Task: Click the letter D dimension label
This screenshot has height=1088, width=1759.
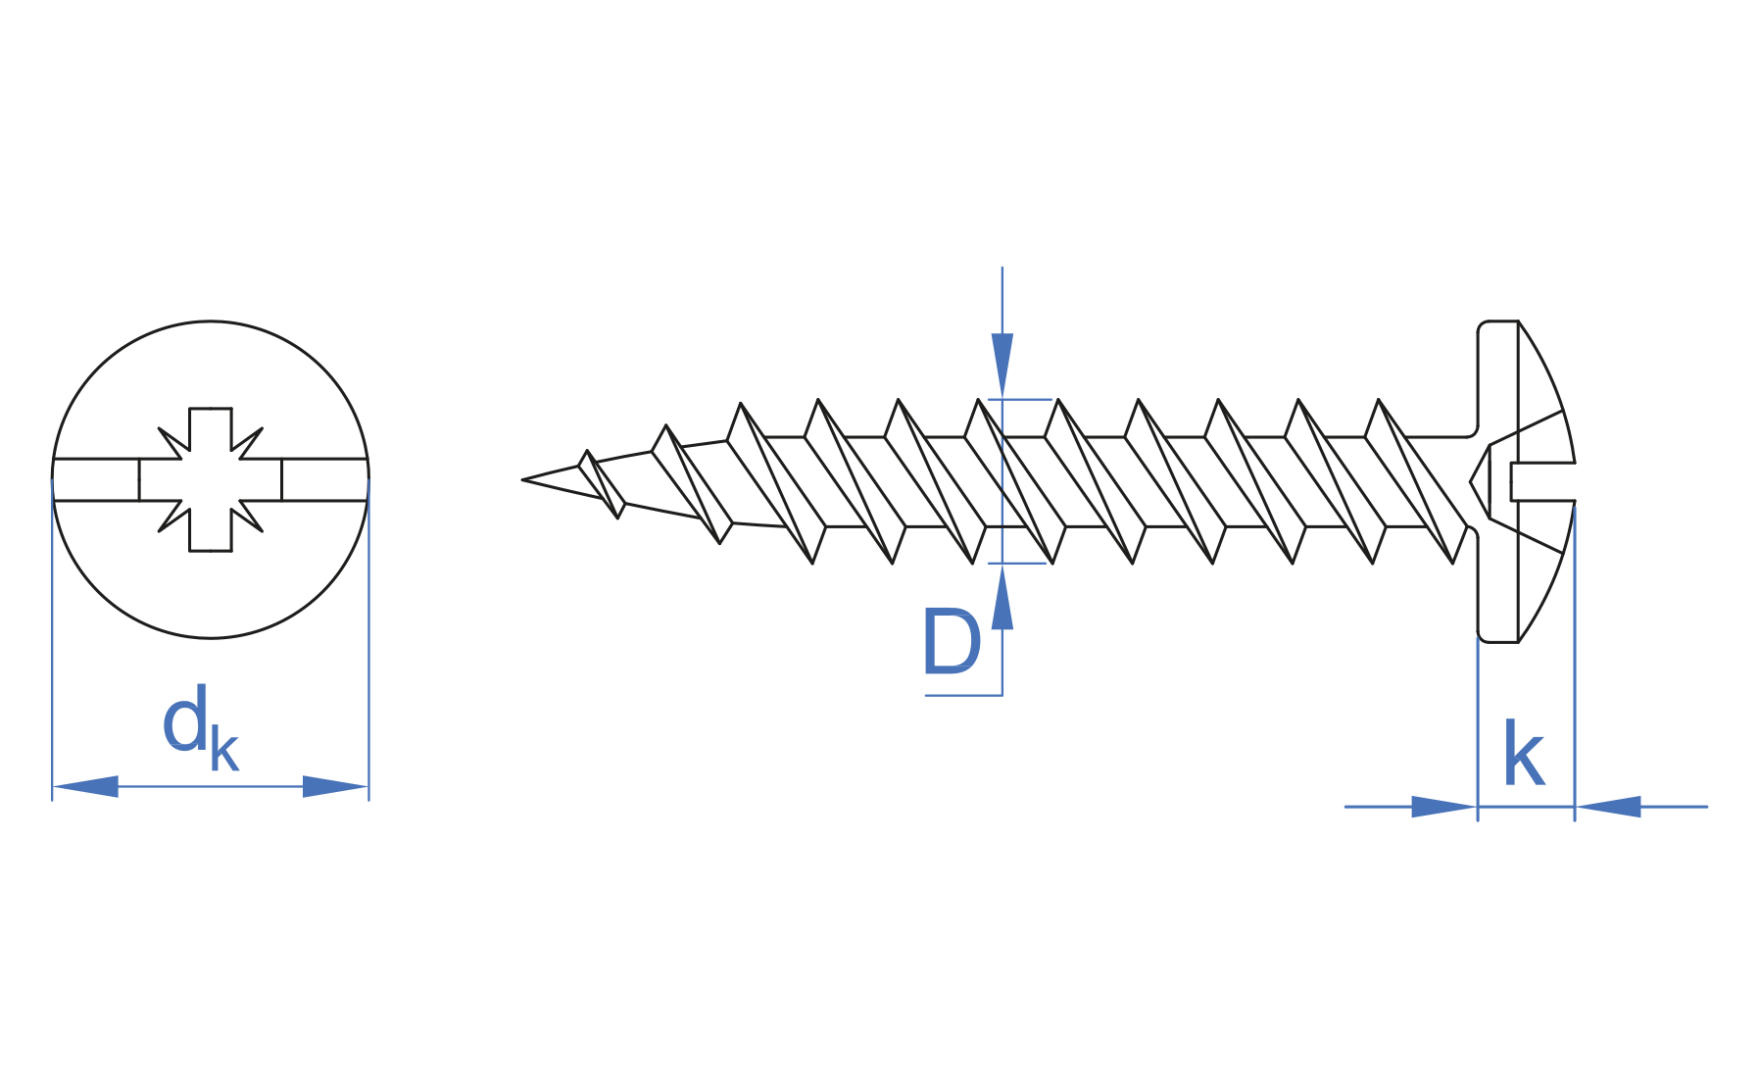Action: [x=951, y=642]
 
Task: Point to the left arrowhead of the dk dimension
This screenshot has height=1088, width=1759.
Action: [x=86, y=786]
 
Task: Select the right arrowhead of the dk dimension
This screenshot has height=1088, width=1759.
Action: [x=334, y=786]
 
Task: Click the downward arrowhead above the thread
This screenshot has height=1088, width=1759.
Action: [x=1002, y=363]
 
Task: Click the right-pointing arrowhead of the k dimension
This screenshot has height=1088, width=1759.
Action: [x=1442, y=807]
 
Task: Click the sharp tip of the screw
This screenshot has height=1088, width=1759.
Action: [x=525, y=479]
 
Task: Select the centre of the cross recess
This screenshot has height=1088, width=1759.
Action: [x=210, y=479]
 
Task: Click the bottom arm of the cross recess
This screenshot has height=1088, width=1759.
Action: [x=210, y=535]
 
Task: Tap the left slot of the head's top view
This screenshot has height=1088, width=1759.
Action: [x=96, y=479]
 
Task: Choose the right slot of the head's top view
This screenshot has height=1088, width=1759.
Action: [x=323, y=479]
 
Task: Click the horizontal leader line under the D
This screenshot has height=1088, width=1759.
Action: [x=962, y=695]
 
